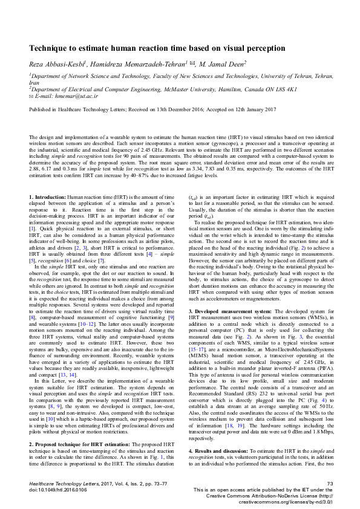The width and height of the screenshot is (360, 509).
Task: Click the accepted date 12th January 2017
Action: (250, 109)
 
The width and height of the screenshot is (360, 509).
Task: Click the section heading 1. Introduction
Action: (48, 198)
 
